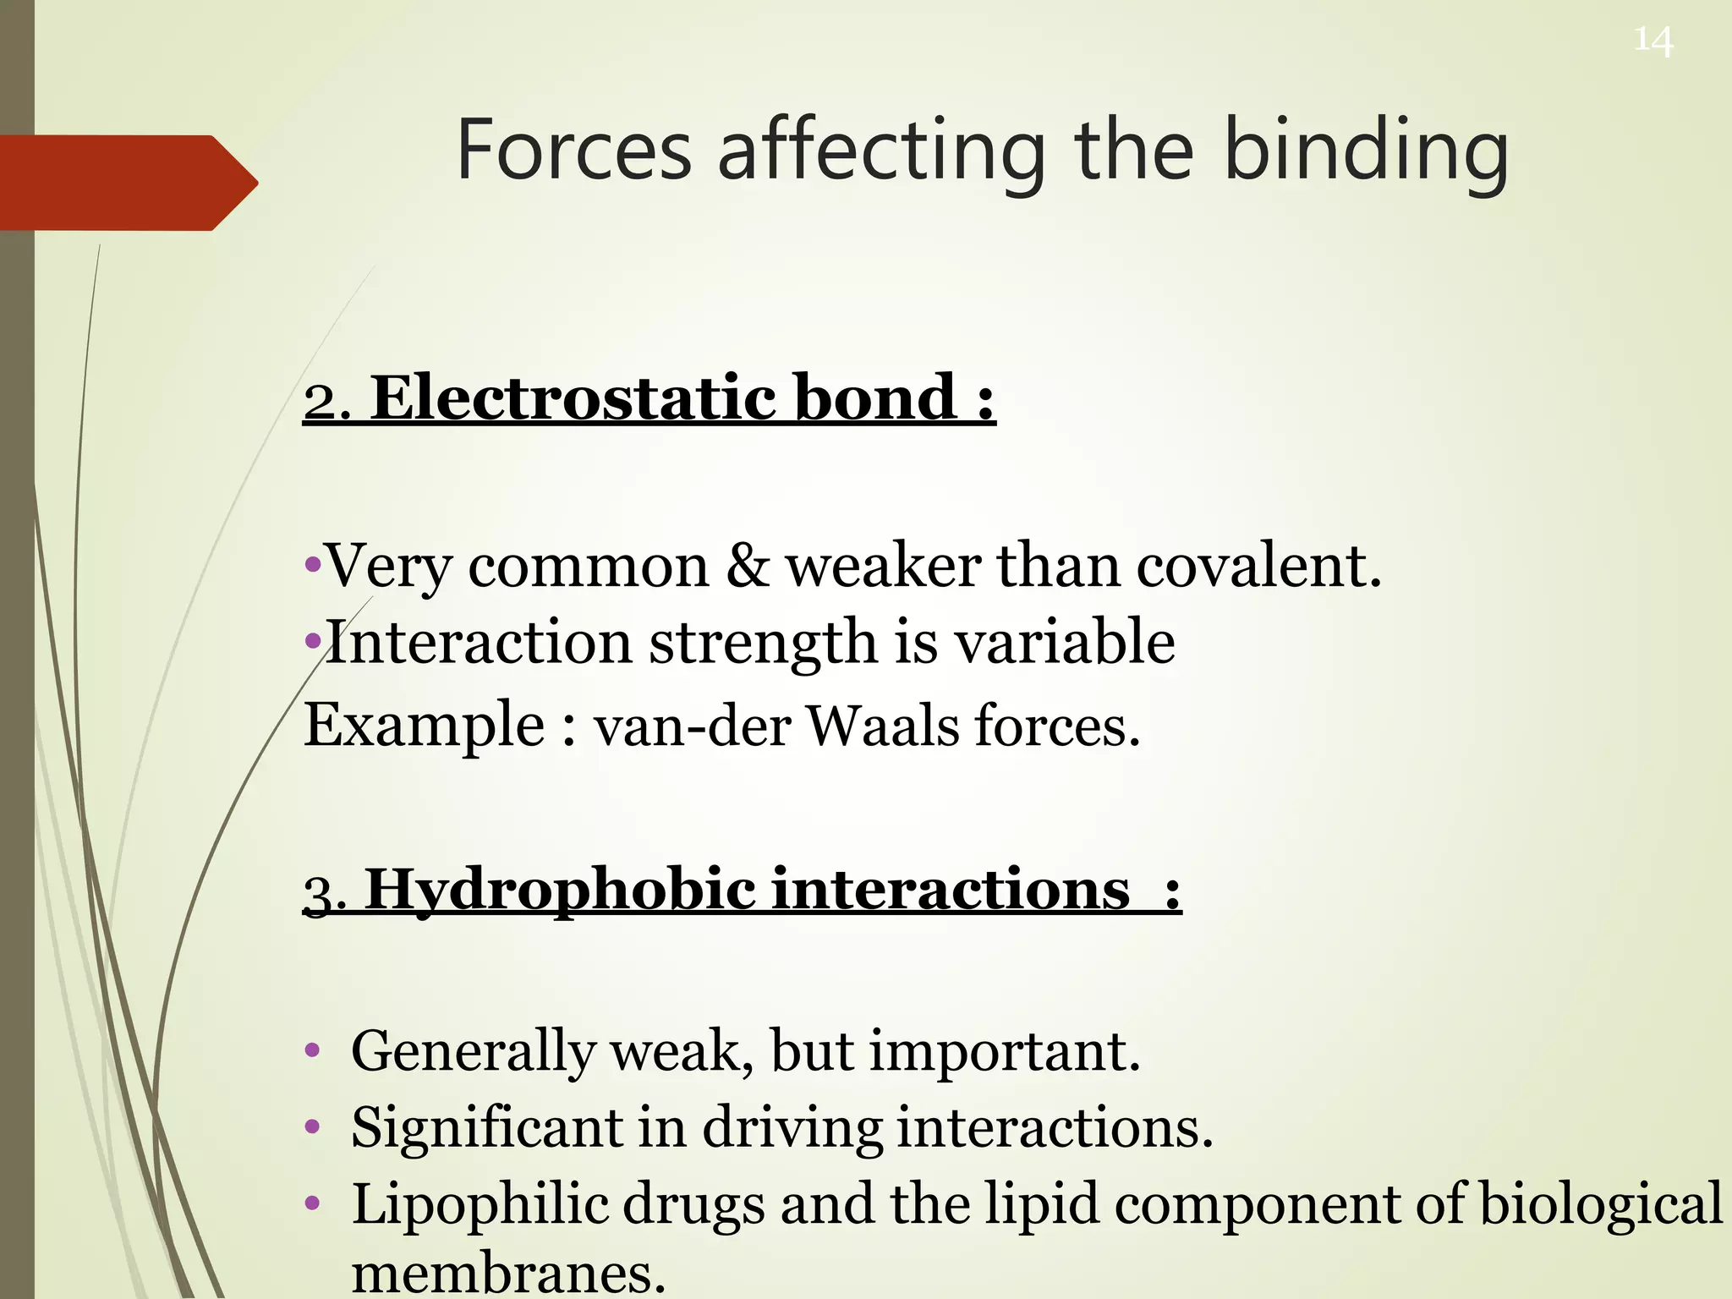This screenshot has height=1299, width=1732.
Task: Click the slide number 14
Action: tap(1653, 41)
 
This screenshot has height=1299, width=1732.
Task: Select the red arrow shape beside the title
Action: tap(127, 183)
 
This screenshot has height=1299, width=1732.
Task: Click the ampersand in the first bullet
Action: tap(747, 565)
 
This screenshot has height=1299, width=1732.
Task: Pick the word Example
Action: tap(424, 726)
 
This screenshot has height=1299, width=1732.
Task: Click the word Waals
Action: tap(883, 726)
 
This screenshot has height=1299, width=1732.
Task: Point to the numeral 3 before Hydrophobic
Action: tap(319, 894)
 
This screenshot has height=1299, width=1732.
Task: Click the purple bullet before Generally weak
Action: tap(313, 1052)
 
